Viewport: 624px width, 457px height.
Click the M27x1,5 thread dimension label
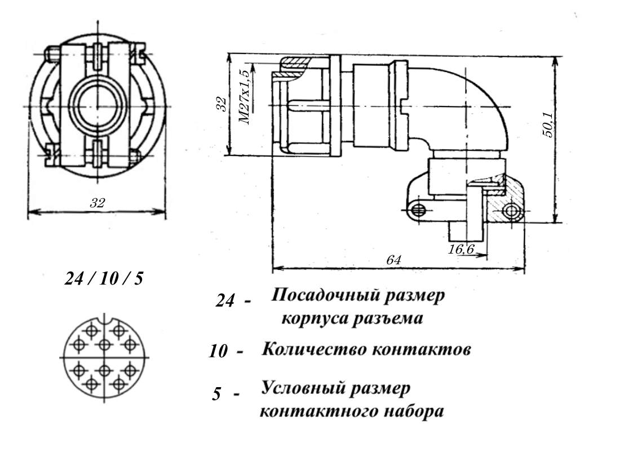click(245, 97)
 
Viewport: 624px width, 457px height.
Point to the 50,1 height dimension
click(547, 125)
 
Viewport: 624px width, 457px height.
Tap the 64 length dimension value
click(393, 260)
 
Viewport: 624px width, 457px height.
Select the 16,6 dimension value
click(461, 250)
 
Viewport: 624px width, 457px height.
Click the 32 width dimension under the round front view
click(97, 203)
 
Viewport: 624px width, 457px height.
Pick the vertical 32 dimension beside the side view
click(222, 104)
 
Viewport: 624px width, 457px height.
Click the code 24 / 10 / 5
click(104, 278)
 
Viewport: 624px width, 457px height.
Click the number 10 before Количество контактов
click(219, 352)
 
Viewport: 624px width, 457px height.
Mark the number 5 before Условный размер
click(216, 394)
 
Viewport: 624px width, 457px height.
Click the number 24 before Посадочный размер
click(225, 301)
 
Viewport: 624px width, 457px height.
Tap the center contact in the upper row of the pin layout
click(104, 345)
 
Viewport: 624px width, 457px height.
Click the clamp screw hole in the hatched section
click(511, 211)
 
